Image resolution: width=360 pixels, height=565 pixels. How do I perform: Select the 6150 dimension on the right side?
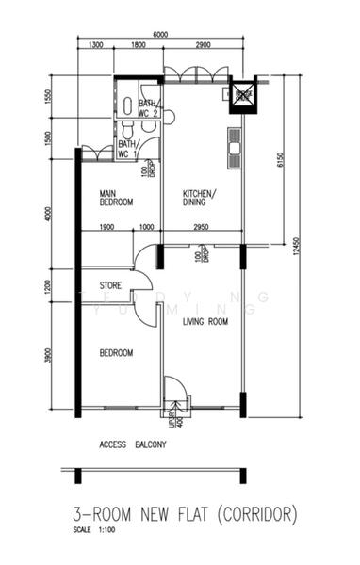pos(280,161)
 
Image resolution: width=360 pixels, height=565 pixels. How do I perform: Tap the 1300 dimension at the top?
pos(95,45)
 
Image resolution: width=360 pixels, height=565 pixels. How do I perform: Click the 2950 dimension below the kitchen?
pos(201,227)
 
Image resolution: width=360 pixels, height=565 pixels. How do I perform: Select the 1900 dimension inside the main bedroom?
pos(106,227)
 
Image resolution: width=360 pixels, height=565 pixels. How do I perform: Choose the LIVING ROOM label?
pos(205,322)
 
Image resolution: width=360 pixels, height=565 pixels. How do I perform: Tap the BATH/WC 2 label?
pos(150,108)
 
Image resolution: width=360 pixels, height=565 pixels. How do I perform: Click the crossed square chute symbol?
pos(243,94)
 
